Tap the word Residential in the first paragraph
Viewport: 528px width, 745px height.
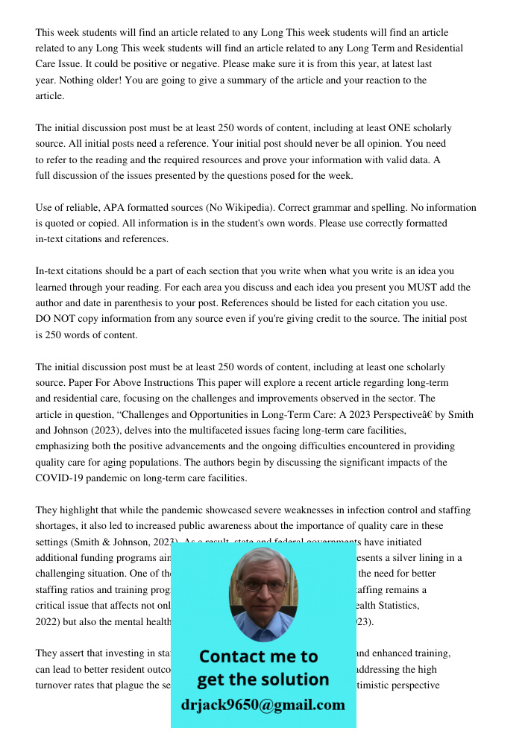[436, 48]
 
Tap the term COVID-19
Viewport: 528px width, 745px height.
[63, 478]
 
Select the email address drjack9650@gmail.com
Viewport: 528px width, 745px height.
[263, 705]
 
